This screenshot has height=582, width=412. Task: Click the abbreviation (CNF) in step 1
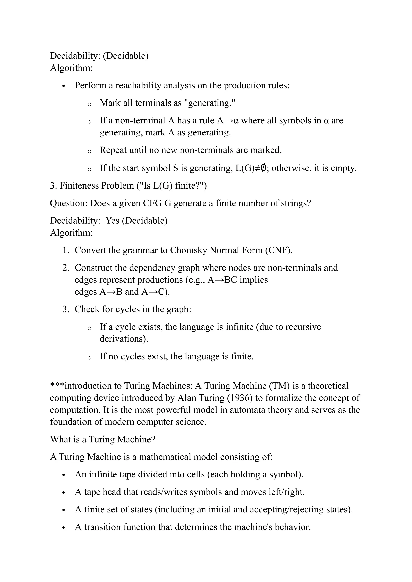(279, 250)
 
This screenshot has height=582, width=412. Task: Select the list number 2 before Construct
(66, 268)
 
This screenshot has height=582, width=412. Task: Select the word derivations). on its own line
(124, 339)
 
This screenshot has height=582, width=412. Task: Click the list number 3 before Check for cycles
(66, 309)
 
